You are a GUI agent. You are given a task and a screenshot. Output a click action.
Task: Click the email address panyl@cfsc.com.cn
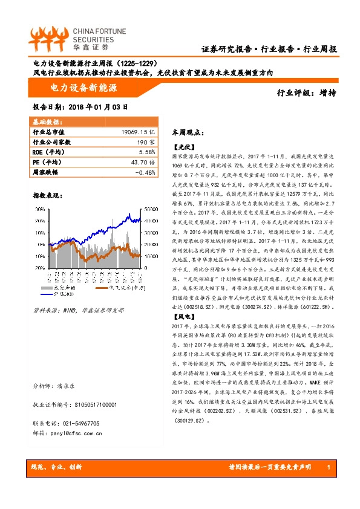tap(76, 433)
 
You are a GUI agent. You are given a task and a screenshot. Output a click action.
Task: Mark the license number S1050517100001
tap(91, 404)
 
